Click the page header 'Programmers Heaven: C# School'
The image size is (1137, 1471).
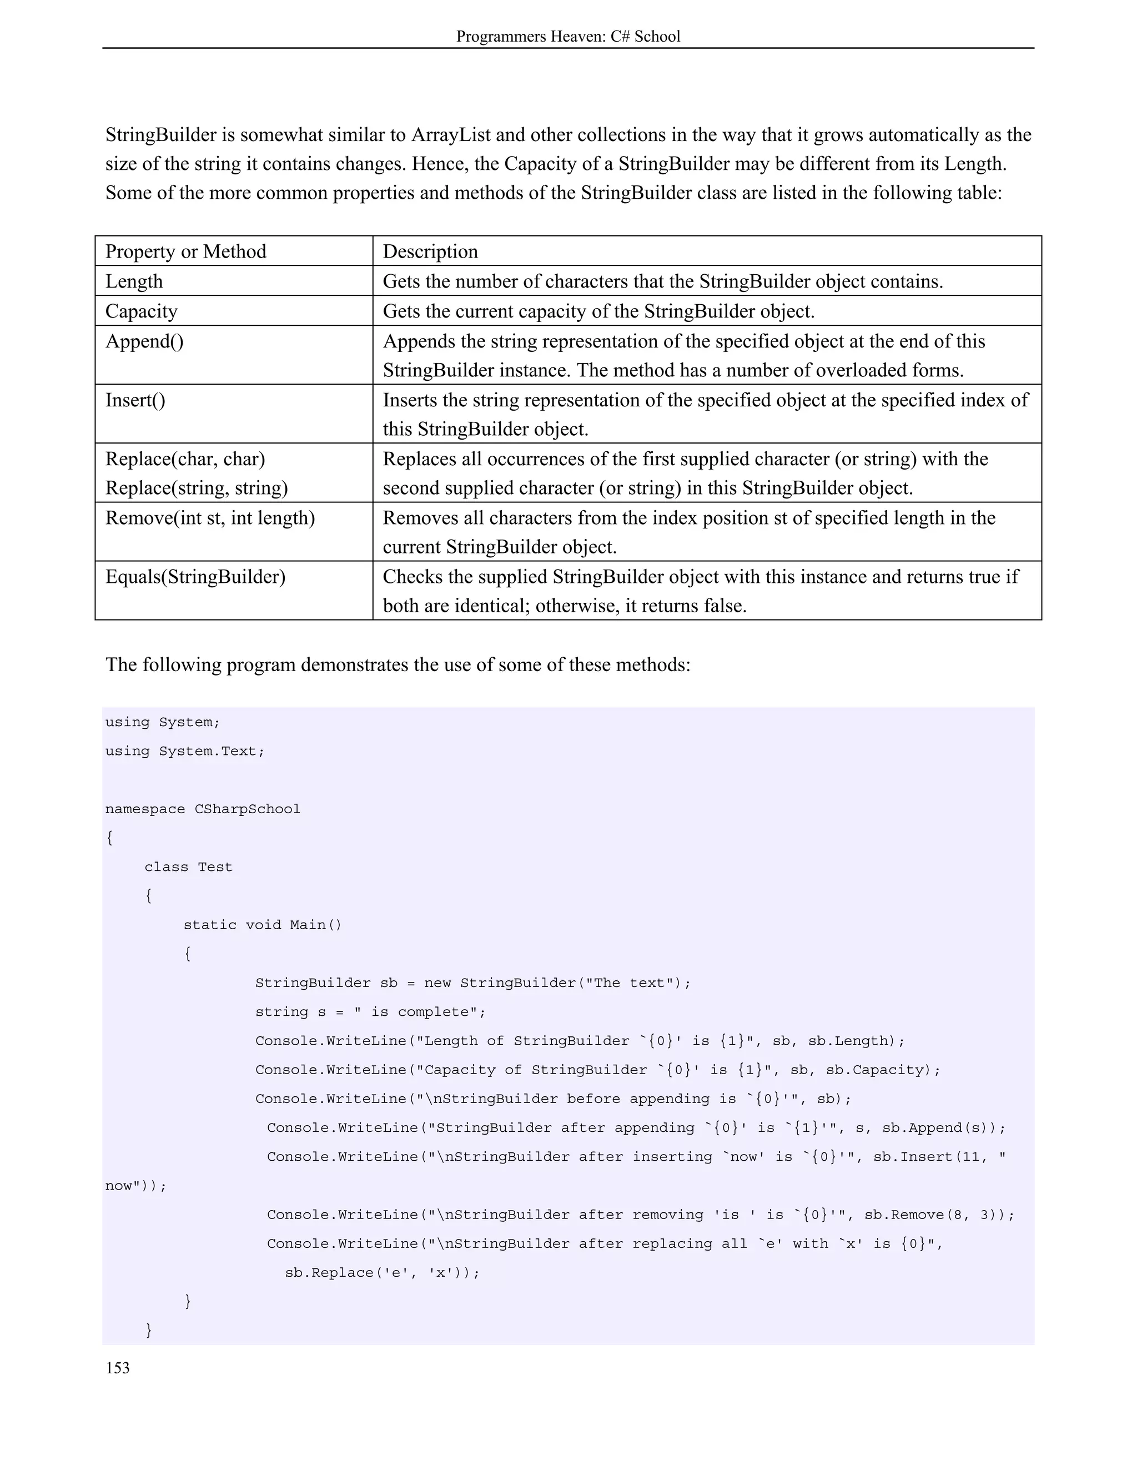[568, 37]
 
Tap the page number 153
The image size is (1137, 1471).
[117, 1368]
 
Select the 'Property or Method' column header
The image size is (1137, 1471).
[186, 251]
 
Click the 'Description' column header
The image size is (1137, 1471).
[430, 251]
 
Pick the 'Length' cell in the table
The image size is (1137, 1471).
[134, 281]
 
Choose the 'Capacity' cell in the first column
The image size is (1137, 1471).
[142, 311]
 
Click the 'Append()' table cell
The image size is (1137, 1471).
[144, 341]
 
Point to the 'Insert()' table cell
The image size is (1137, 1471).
[135, 400]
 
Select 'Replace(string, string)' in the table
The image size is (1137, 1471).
[197, 487]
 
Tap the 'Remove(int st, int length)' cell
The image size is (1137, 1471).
[210, 518]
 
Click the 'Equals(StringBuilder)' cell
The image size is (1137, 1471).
[195, 577]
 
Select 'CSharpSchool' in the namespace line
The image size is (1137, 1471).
[247, 809]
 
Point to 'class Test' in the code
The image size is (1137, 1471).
[188, 867]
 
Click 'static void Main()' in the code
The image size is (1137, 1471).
[263, 925]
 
